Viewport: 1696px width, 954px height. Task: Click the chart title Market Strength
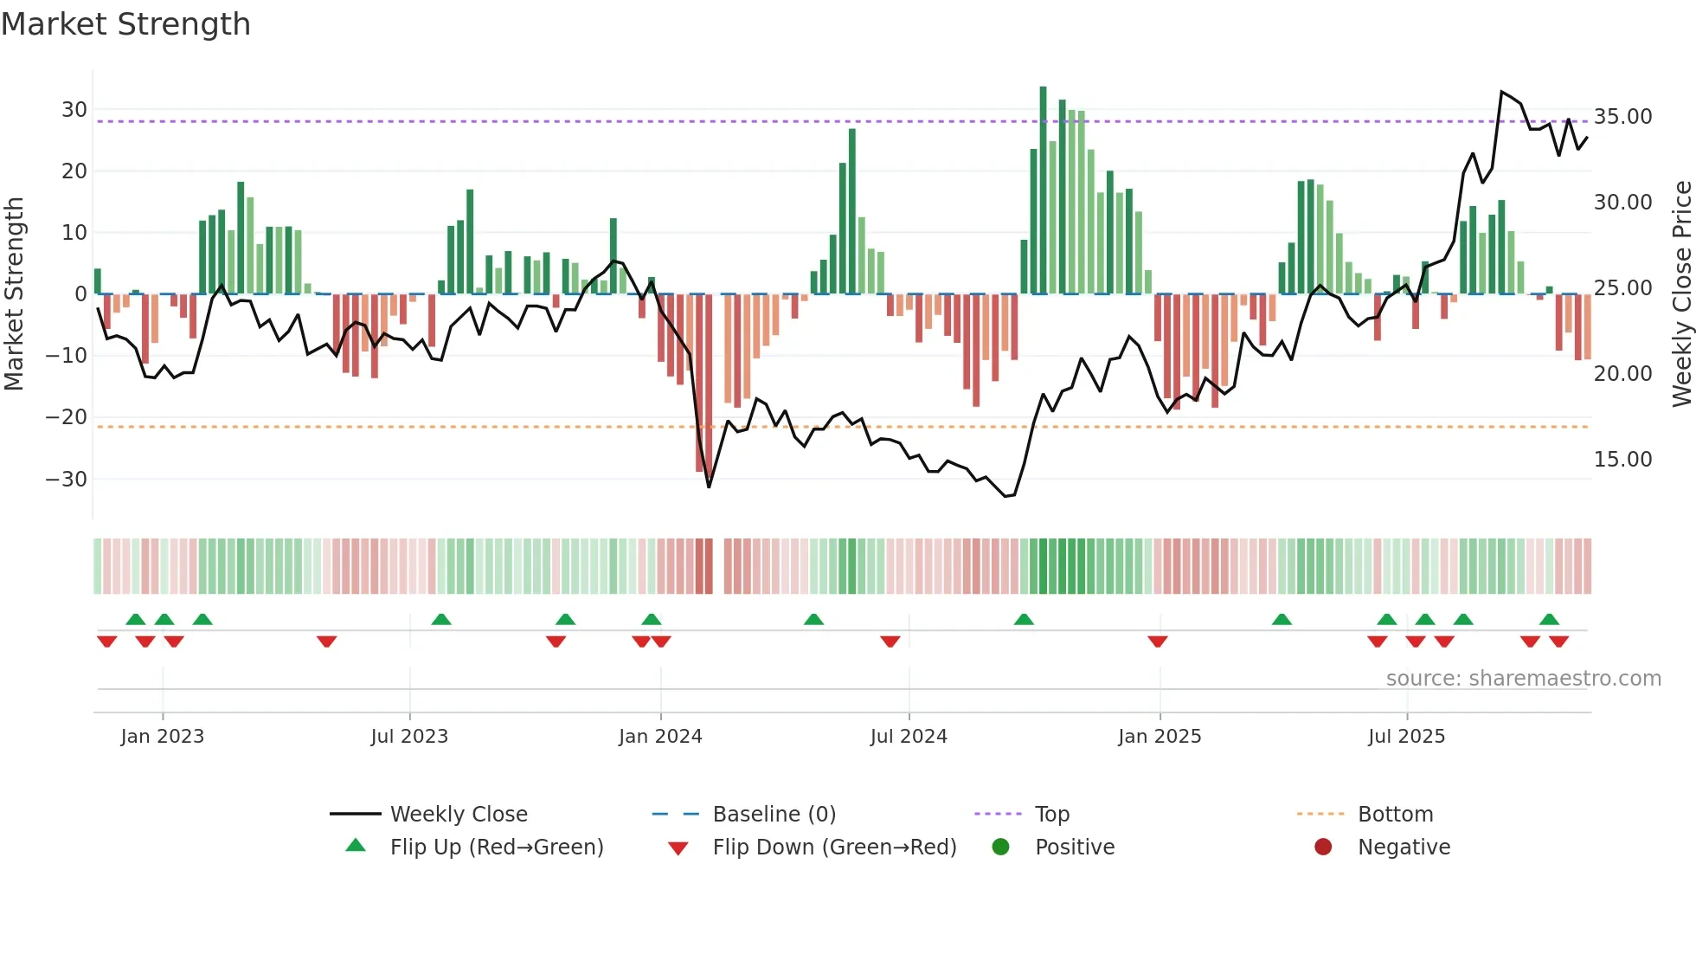[x=125, y=24]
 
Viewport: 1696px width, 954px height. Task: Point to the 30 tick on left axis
[x=74, y=110]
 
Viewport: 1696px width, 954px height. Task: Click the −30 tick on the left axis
[x=67, y=479]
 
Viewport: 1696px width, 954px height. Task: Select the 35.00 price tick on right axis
[x=1622, y=117]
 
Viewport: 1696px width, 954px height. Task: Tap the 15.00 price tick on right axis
[x=1622, y=460]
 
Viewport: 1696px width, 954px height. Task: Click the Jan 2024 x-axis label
[x=660, y=737]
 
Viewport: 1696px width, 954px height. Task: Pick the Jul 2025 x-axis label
[x=1406, y=737]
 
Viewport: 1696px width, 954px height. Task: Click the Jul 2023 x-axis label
[x=409, y=737]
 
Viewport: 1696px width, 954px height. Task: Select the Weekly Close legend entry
[x=458, y=815]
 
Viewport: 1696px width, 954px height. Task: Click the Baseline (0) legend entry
[x=774, y=815]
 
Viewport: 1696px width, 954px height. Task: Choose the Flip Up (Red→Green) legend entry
[x=496, y=848]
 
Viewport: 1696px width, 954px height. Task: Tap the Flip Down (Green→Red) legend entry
[x=833, y=848]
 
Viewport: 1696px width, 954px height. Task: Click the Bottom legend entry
[x=1395, y=815]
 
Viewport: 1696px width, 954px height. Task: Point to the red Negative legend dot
[x=1323, y=848]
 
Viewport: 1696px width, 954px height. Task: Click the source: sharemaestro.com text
[x=1523, y=679]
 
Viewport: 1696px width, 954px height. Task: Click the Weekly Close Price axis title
[x=1681, y=294]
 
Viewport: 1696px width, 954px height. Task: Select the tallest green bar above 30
[x=1043, y=190]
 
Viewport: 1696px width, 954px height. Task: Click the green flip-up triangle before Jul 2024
[x=813, y=619]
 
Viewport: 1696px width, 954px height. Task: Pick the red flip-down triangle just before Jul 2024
[x=890, y=641]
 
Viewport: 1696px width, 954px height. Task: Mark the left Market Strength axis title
[x=15, y=294]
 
